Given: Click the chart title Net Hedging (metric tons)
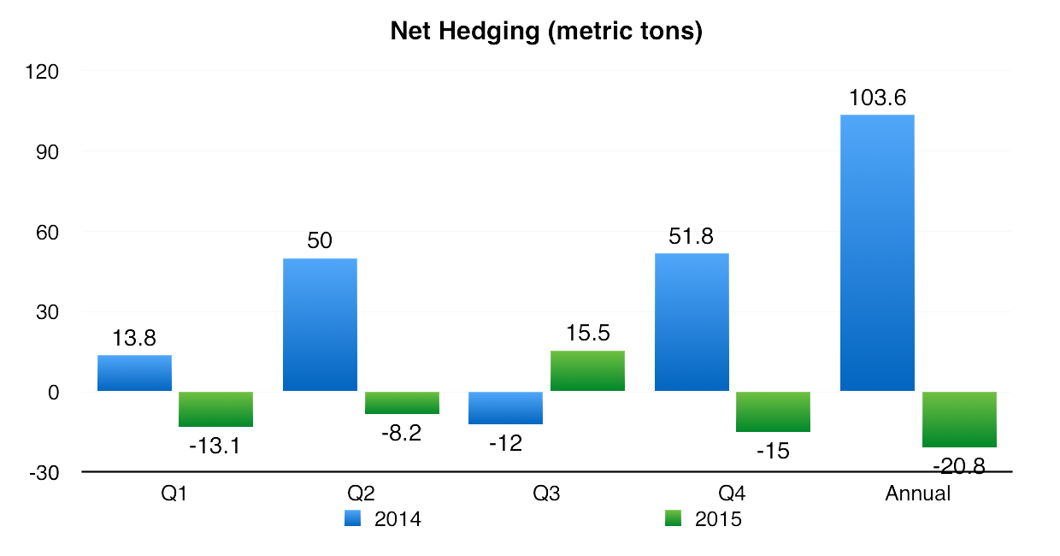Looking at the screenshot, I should click(x=545, y=32).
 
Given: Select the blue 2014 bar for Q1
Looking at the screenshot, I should click(x=134, y=373).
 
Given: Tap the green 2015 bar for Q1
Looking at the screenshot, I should click(x=215, y=409).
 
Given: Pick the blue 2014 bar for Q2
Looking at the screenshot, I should click(x=320, y=325).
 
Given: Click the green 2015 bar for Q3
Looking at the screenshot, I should click(x=587, y=371).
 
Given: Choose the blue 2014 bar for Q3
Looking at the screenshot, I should click(x=505, y=408).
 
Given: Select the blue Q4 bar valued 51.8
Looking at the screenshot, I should click(x=691, y=322).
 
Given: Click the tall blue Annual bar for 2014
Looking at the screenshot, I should click(x=877, y=253).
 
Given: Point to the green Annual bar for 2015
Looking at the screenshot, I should click(x=959, y=419).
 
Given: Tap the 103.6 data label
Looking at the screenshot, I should click(x=877, y=98).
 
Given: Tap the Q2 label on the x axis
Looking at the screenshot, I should click(x=360, y=494).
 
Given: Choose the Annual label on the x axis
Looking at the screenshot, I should click(x=917, y=494).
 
